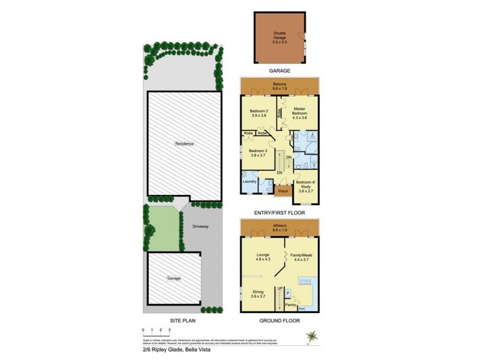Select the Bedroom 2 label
tap(259, 112)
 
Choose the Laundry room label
tap(250, 181)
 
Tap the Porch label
tap(283, 191)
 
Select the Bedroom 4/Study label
tap(306, 184)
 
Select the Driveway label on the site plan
tap(200, 227)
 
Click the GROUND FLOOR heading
tap(280, 321)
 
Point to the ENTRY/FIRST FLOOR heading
tap(280, 213)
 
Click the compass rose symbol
tap(311, 337)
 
